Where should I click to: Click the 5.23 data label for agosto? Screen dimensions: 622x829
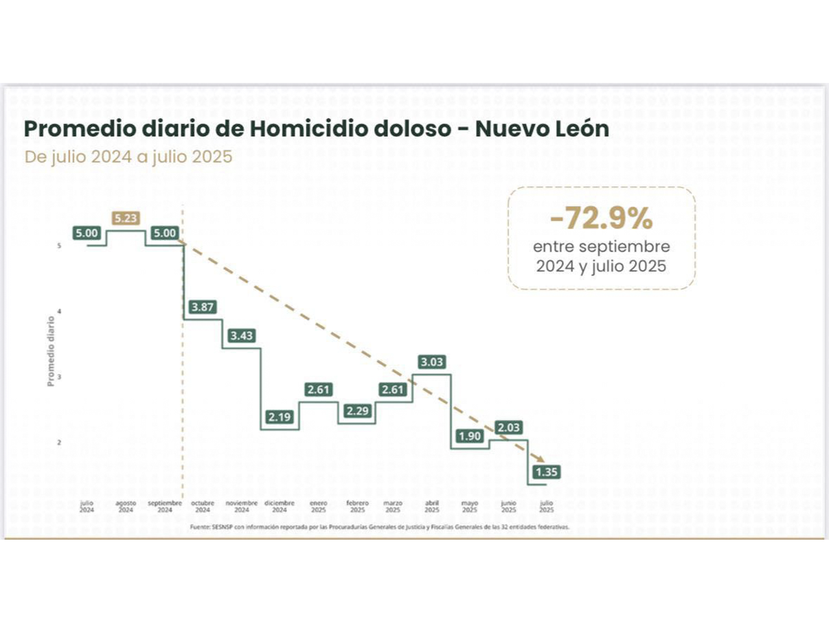(126, 218)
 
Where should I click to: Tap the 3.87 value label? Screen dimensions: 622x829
(203, 307)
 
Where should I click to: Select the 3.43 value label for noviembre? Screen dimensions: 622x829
(242, 336)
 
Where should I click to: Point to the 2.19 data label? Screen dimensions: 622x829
(280, 417)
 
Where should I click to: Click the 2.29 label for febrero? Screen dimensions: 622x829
(358, 411)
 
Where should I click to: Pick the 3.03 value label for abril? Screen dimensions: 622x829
(432, 362)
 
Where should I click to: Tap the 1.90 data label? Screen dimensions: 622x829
(470, 436)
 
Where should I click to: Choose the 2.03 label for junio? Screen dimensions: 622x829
(508, 428)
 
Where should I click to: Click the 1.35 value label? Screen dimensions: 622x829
(547, 472)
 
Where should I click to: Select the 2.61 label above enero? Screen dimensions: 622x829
(319, 390)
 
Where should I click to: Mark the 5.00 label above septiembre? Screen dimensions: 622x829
(165, 233)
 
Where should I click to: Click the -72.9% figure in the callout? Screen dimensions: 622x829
(601, 218)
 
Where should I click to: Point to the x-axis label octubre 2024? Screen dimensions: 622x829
(203, 506)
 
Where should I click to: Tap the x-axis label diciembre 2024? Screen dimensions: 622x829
(280, 506)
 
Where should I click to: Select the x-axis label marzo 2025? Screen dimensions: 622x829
(393, 506)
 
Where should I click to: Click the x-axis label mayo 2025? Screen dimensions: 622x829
(470, 506)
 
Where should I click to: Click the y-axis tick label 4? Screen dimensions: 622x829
(60, 312)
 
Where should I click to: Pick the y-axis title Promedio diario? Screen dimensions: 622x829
(51, 351)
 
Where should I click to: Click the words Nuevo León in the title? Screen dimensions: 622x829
(542, 128)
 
